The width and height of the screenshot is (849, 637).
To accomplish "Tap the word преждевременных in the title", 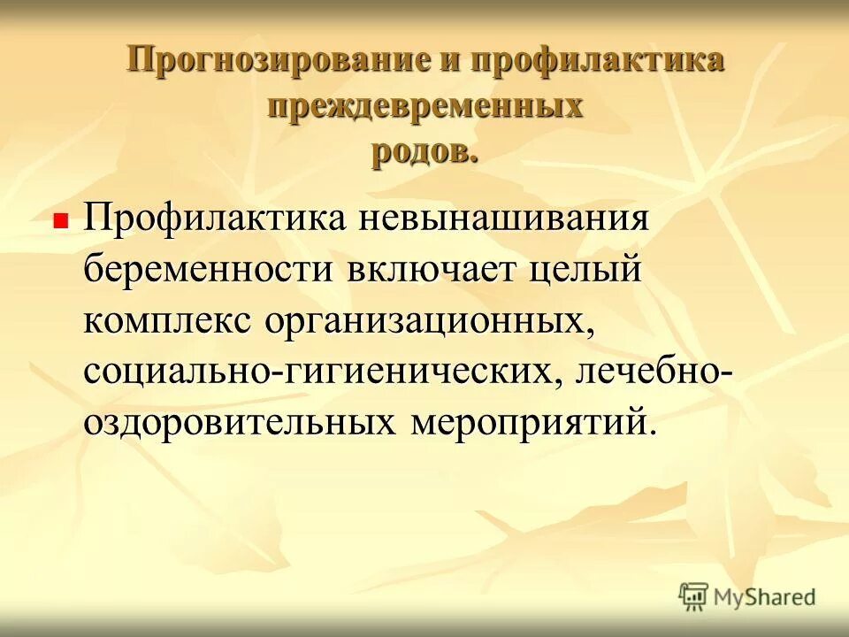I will tap(425, 106).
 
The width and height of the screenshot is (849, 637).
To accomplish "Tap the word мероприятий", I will tap(528, 420).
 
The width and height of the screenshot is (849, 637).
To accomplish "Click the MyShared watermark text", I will tap(766, 597).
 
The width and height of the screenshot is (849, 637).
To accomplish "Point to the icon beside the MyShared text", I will tap(693, 596).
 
